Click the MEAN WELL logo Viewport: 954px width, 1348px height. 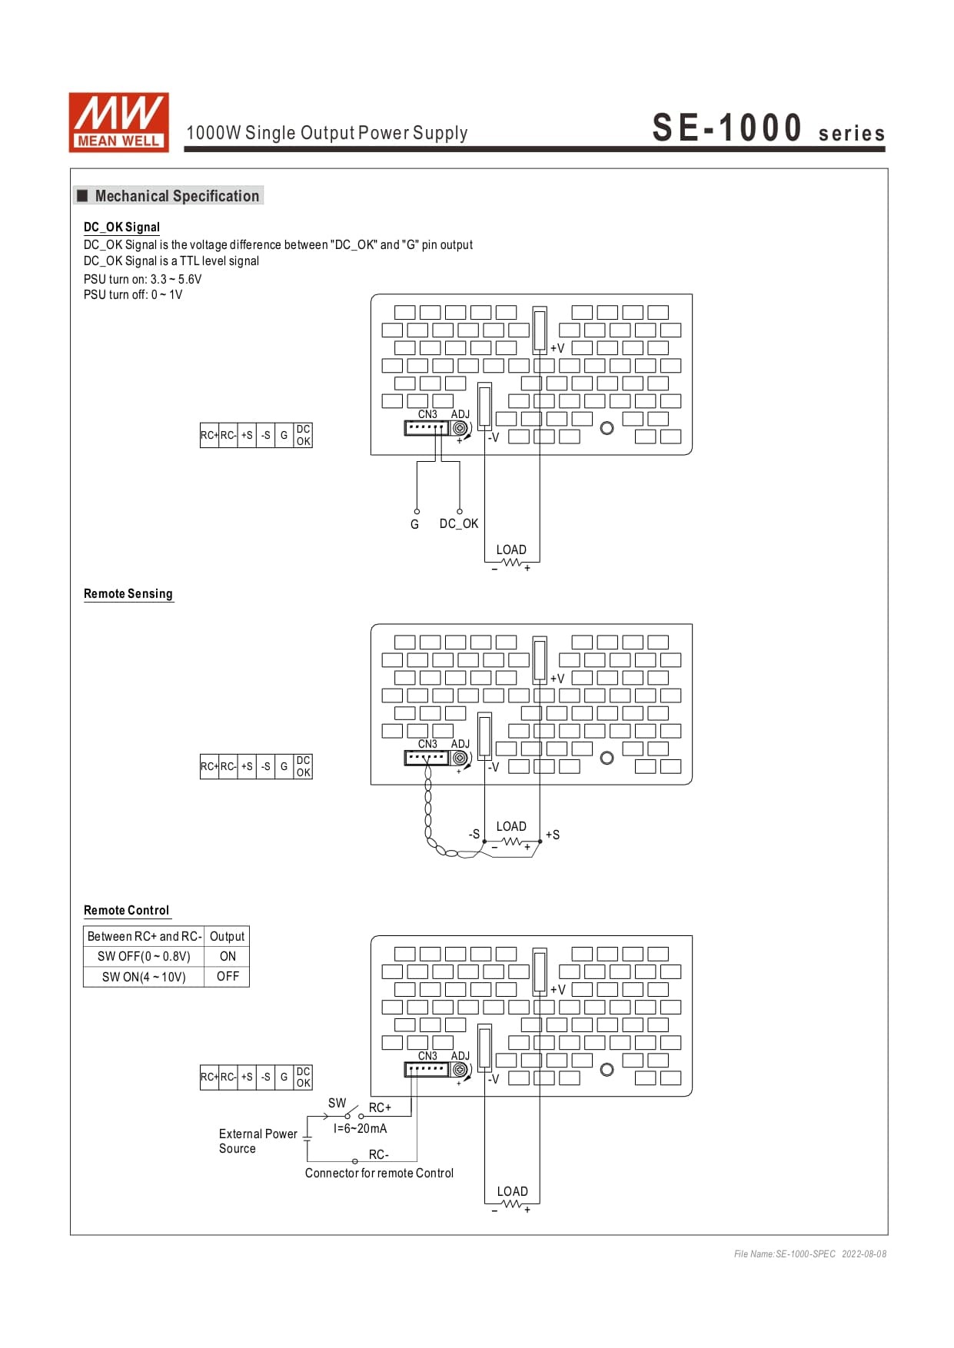point(118,122)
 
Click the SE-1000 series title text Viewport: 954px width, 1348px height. point(768,128)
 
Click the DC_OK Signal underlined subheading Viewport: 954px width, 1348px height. point(121,227)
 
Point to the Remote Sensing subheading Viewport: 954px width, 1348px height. point(128,593)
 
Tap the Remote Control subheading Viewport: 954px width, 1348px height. point(126,910)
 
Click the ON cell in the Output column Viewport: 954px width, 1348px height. point(228,956)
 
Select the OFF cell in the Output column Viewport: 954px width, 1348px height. point(228,976)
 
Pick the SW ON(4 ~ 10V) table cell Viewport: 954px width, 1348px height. point(144,977)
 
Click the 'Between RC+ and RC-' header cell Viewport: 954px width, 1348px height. point(144,936)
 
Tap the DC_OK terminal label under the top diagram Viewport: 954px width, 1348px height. point(458,523)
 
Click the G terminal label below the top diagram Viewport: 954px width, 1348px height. point(414,524)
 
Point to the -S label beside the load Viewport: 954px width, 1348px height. point(474,834)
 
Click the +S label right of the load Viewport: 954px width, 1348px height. point(553,835)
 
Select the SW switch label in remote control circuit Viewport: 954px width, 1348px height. point(337,1103)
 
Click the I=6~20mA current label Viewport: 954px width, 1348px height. point(360,1128)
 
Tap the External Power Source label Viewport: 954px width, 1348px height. point(258,1140)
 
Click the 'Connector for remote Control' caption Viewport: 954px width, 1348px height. point(379,1173)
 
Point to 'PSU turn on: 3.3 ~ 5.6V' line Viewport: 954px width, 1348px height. point(142,279)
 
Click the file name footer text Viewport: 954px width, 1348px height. point(809,1253)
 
